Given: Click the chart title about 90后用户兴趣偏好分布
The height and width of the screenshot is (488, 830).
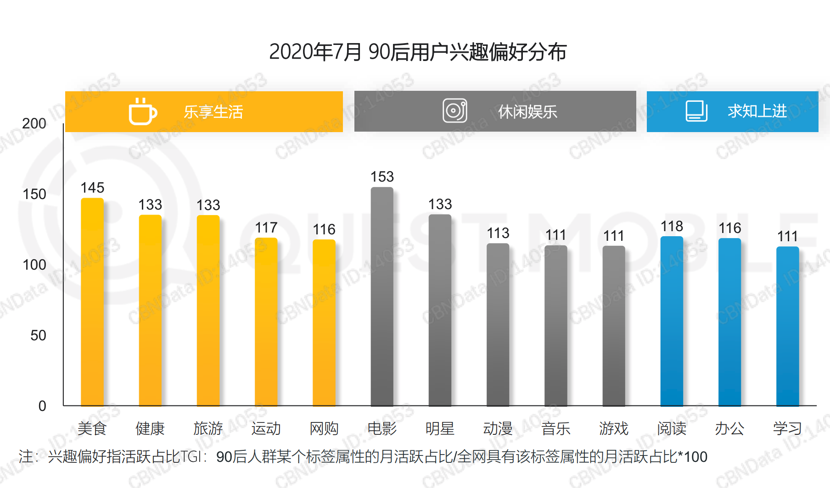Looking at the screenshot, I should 418,52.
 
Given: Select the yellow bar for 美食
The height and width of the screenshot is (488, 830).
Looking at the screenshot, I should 92,303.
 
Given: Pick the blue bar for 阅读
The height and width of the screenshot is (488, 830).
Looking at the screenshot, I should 672,321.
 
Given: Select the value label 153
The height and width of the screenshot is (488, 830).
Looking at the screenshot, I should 382,177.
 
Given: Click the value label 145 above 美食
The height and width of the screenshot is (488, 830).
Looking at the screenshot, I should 92,188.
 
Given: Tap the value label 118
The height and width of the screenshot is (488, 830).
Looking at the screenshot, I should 672,226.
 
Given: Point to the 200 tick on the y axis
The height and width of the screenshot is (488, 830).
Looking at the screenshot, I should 34,123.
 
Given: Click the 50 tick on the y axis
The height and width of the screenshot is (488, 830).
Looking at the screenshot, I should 38,335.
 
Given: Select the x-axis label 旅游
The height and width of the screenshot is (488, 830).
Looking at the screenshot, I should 208,428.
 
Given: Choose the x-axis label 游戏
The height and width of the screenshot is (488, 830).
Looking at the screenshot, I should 614,428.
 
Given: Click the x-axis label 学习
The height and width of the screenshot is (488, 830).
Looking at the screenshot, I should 787,428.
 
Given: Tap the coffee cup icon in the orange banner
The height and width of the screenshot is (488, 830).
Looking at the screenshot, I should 143,111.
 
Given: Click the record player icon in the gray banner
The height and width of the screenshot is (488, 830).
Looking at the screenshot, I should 455,111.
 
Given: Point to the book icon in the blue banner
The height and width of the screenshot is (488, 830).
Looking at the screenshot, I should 696,111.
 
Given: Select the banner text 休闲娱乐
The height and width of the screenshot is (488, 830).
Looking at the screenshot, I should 527,111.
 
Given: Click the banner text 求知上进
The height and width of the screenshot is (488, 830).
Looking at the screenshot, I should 757,111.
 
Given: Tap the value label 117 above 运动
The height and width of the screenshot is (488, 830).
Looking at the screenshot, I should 266,227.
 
